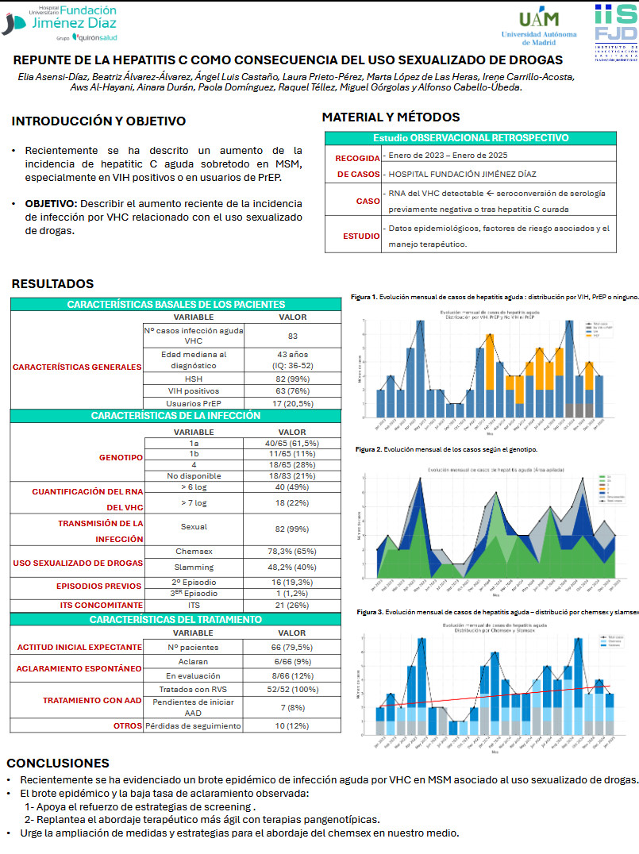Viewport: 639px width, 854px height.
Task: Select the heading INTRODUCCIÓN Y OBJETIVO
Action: [98, 121]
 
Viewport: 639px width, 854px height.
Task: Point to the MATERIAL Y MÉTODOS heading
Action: [391, 117]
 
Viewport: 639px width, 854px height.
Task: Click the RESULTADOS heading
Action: [52, 283]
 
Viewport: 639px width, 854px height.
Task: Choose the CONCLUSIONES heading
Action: [57, 763]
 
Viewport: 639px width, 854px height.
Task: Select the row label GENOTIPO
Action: [121, 459]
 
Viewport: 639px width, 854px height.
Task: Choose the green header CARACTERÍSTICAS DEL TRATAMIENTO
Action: [175, 619]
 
